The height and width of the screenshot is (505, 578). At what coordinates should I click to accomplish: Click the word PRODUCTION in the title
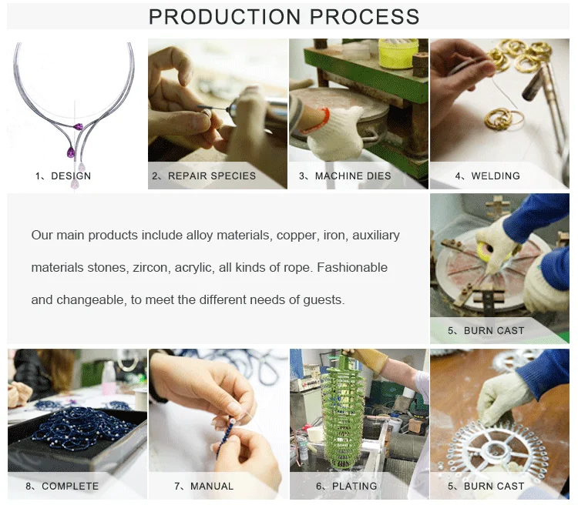click(225, 17)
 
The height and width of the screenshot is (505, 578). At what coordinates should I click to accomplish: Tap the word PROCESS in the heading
click(365, 17)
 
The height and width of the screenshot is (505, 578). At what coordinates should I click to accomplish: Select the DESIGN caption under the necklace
click(71, 176)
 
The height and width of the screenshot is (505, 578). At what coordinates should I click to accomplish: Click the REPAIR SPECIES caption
click(212, 176)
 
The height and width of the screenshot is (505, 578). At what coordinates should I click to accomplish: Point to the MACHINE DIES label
click(353, 176)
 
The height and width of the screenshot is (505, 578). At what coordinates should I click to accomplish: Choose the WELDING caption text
click(496, 176)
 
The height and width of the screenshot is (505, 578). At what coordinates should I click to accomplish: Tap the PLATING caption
click(355, 487)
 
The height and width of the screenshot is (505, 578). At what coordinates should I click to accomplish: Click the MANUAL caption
click(212, 487)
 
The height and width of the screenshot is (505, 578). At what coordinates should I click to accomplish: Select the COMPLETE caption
click(70, 487)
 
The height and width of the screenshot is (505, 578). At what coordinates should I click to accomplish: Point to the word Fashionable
click(352, 267)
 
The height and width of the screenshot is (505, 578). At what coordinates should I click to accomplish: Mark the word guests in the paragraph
click(323, 300)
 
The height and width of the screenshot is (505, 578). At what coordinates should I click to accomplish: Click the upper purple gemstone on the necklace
click(78, 127)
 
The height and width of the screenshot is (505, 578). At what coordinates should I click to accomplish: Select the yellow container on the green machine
click(398, 52)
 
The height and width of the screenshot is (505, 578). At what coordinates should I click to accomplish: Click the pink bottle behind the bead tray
click(109, 379)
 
